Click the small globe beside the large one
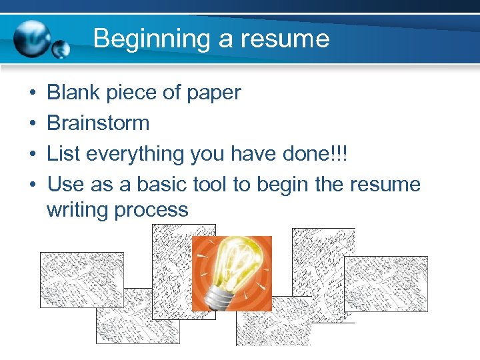coord(61,49)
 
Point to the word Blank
coord(73,93)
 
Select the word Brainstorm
coord(98,123)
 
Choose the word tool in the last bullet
coord(209,184)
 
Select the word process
coord(151,209)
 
